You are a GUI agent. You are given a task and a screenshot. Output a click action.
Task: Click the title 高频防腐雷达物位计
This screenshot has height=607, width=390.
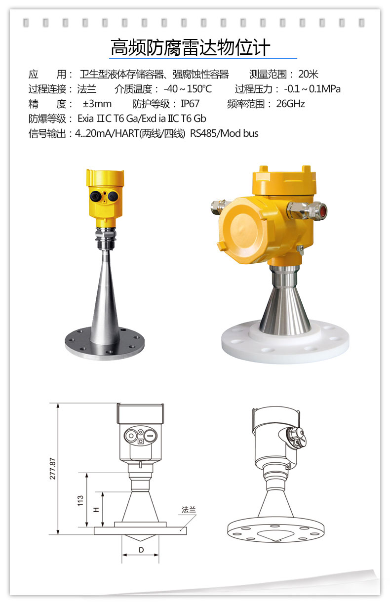(x=191, y=48)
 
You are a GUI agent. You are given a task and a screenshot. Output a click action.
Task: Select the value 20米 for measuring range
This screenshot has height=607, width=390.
(x=308, y=74)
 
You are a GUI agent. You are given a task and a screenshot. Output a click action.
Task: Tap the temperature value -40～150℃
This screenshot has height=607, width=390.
(x=188, y=89)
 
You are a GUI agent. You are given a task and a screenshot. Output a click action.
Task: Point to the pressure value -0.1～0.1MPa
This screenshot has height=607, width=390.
(x=312, y=89)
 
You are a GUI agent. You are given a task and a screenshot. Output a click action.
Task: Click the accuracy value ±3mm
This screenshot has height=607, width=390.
(x=97, y=104)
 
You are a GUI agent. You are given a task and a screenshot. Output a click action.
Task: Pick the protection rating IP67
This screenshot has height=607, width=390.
(x=190, y=104)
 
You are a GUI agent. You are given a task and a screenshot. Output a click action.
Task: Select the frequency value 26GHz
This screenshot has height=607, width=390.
(x=290, y=104)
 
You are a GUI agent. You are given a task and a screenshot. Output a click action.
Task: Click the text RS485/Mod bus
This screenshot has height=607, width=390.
(x=224, y=133)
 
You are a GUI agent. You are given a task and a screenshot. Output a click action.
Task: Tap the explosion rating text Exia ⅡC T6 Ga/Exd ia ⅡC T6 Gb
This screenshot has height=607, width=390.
(x=142, y=119)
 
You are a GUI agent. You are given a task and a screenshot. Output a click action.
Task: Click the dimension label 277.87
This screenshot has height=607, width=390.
(x=52, y=469)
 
